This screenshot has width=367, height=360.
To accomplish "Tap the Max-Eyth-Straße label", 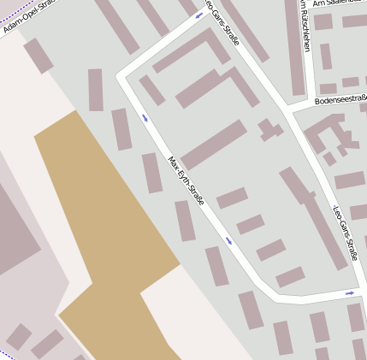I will pos(186,181).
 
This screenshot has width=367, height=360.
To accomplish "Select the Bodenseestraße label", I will pos(340,101).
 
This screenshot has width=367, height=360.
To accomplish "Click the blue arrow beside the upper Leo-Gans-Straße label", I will pos(199,15).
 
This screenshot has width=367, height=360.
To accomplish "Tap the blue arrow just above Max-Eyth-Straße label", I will pos(145,118).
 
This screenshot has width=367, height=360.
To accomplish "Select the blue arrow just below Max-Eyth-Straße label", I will pos(228,240).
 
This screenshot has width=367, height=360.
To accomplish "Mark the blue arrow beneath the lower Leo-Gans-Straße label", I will pos(349,293).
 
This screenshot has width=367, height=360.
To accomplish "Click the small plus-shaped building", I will pos(270,130).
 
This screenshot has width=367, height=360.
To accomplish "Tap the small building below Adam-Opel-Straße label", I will pos(38,56).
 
